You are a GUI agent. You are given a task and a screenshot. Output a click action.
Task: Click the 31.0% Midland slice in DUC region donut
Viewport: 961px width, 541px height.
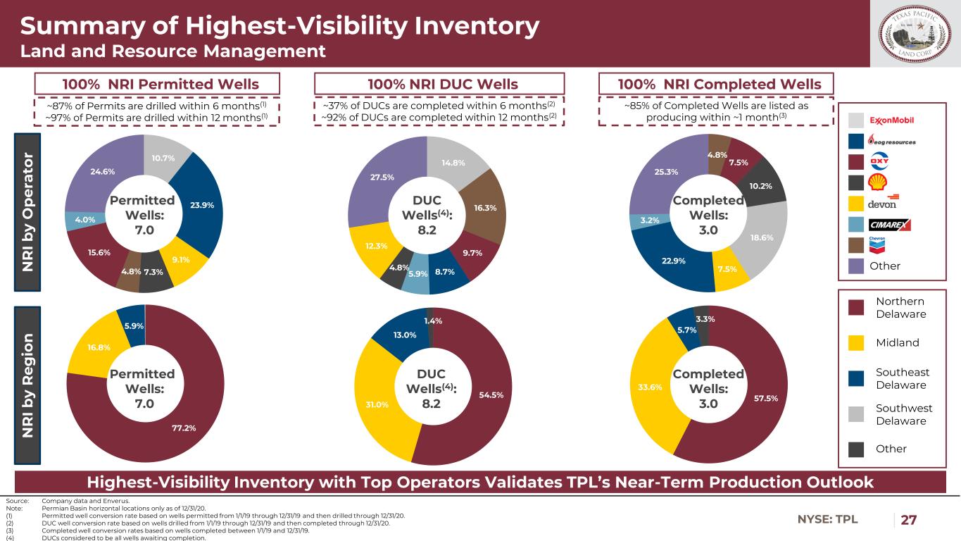click(x=377, y=405)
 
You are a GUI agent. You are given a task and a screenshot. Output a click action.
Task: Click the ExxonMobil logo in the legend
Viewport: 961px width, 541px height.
click(x=893, y=119)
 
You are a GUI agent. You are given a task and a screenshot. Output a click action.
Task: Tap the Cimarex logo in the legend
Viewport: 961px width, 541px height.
click(x=891, y=225)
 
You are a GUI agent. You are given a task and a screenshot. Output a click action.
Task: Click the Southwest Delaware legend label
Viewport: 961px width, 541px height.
click(x=904, y=414)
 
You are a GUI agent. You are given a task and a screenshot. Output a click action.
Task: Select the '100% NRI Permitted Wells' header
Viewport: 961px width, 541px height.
click(x=161, y=84)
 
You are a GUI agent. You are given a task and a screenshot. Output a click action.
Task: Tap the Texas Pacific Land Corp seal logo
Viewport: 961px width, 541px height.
click(x=914, y=34)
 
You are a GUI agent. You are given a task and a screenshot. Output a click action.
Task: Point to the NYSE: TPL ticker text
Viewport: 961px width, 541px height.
click(x=827, y=520)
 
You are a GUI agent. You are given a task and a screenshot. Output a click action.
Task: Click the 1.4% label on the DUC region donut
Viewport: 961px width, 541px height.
click(x=432, y=321)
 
